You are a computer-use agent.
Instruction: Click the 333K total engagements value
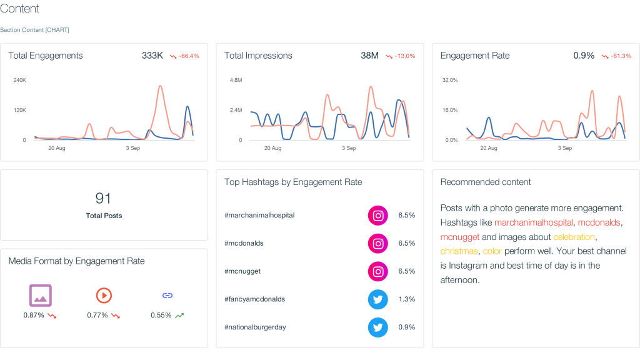pos(152,56)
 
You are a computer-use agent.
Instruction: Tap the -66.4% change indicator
pos(185,56)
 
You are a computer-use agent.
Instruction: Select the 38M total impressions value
pos(369,56)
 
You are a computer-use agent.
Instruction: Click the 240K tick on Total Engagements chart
pos(19,80)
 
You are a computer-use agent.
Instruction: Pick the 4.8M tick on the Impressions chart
pos(236,80)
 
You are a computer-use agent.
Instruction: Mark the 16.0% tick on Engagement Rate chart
pos(450,110)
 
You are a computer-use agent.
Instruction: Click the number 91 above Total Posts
pos(103,199)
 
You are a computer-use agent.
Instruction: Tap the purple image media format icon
pos(41,295)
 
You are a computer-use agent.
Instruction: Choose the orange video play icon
pos(104,295)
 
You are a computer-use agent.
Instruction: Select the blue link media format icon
pos(167,295)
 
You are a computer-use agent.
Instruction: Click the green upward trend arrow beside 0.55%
pos(179,316)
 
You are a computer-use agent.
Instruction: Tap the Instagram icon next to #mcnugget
pos(377,271)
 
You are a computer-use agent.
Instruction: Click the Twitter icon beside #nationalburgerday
pos(377,327)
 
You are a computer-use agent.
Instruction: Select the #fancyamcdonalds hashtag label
pos(254,299)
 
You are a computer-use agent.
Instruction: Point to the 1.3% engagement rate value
pos(406,299)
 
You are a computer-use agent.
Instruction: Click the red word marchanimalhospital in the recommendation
pos(533,222)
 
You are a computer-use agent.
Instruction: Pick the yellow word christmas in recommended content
pos(459,251)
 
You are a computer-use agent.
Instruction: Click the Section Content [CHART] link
pos(34,30)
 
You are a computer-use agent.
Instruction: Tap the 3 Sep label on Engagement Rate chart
pos(564,148)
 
